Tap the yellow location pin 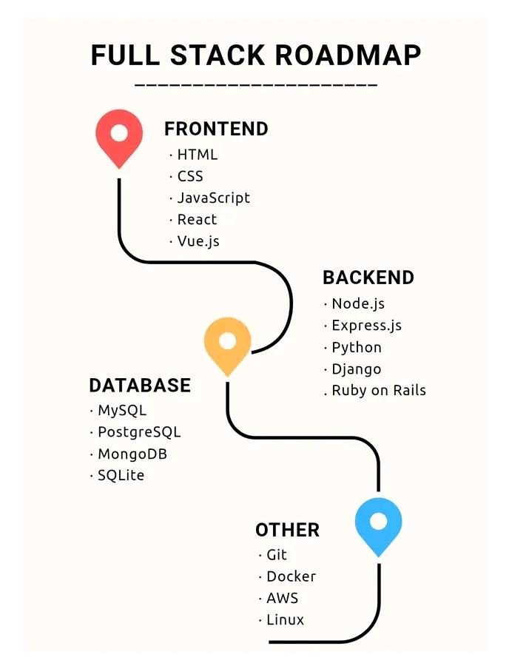coord(227,344)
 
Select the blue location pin coord(378,525)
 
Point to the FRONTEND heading coord(216,129)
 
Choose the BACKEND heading coord(368,278)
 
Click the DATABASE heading coord(140,386)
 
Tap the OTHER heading coord(288,530)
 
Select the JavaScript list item coord(213,198)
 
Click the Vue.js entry coord(198,241)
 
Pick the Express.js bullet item coord(366,326)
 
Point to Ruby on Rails coord(378,390)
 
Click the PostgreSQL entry coord(139,432)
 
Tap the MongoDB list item coord(132,454)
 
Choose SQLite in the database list coord(121,475)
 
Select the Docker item coord(291,576)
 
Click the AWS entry coord(282,598)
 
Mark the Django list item coord(356,369)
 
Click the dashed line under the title coord(256,85)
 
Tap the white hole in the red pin coord(118,133)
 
